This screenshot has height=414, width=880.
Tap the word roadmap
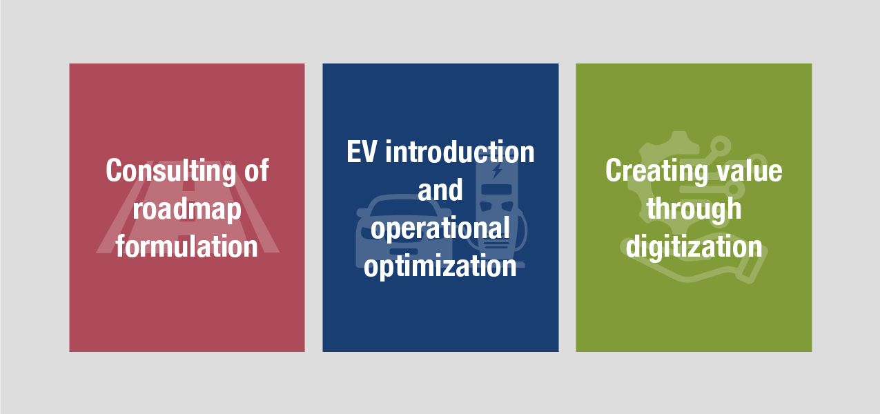(x=186, y=209)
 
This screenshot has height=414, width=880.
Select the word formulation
(x=186, y=246)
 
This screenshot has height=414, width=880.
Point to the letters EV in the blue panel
(x=362, y=152)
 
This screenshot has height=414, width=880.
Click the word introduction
(x=460, y=152)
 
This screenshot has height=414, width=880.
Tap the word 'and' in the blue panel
(x=440, y=190)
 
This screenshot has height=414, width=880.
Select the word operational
(x=440, y=228)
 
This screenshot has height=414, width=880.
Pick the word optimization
(x=440, y=266)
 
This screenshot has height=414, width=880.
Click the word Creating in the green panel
(x=656, y=171)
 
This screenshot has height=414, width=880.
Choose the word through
(x=694, y=209)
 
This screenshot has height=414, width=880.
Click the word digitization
(x=694, y=246)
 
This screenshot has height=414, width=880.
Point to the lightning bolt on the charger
(x=498, y=170)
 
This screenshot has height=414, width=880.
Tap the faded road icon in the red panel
(x=188, y=206)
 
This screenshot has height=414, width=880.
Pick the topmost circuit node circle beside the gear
(x=720, y=146)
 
